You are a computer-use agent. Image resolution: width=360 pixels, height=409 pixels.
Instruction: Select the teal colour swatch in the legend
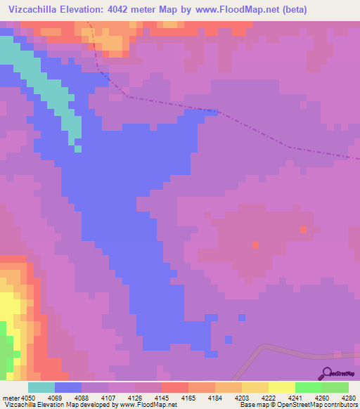coord(41,387)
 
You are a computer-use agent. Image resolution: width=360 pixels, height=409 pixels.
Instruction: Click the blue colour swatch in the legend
coord(68,387)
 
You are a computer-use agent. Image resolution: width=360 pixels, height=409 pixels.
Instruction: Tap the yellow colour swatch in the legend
coord(282,387)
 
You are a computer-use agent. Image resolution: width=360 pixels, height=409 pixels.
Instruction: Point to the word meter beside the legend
coord(10,397)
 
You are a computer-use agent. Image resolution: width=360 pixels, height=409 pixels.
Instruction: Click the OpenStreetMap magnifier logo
coord(326,373)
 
